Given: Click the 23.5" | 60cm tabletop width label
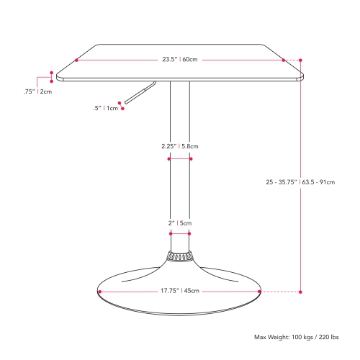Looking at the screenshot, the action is click(x=180, y=59).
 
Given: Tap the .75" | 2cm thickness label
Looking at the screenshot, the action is click(x=37, y=91).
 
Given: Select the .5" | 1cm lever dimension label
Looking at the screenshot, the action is click(x=106, y=108).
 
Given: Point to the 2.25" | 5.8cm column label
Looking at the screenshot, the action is click(x=180, y=146).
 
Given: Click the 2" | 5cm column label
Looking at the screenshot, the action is click(x=180, y=223).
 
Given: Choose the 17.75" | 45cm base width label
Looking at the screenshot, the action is click(x=180, y=291).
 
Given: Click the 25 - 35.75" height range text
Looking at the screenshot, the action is click(x=282, y=182).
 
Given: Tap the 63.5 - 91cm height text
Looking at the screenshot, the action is click(x=318, y=182).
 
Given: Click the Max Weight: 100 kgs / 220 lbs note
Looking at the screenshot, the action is click(x=297, y=337).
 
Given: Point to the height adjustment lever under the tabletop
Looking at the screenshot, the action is click(x=140, y=92).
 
